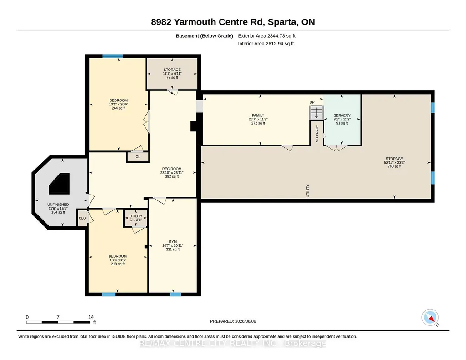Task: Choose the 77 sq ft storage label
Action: coord(172,73)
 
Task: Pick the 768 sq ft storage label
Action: coord(394,162)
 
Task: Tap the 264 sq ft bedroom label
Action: coord(119,104)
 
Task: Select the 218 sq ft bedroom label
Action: coord(118,260)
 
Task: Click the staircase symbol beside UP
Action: coord(316,113)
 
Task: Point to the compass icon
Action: coord(430,318)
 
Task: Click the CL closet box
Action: coord(138,157)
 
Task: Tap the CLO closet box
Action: coord(82,218)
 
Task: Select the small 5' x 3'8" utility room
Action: coord(136,218)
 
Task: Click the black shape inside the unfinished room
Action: coord(60,184)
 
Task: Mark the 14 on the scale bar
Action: coord(91,317)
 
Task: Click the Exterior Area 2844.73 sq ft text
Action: coord(266,36)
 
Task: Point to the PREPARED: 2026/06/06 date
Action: coord(233,321)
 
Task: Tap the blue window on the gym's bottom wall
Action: coord(175,295)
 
